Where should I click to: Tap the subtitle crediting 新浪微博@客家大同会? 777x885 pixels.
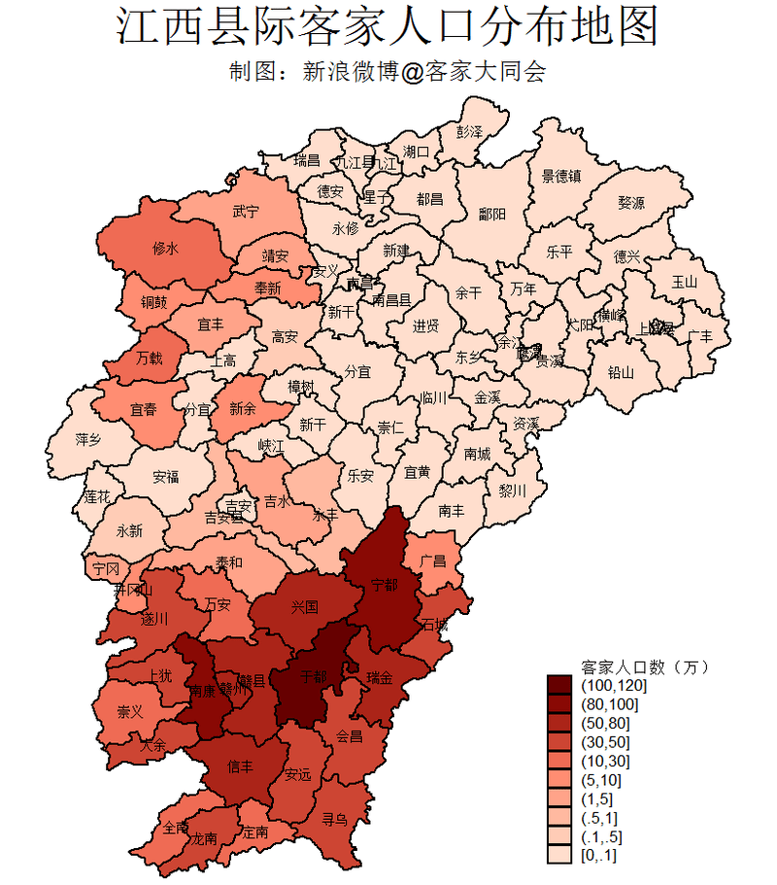[388, 73]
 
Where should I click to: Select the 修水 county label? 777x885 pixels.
[166, 249]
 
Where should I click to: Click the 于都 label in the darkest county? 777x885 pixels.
[315, 674]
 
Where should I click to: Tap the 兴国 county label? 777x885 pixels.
[305, 607]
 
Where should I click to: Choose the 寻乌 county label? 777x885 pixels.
[335, 819]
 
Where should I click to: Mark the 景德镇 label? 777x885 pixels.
[561, 176]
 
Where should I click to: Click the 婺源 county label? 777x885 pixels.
[630, 203]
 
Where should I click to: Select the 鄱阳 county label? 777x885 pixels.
[492, 216]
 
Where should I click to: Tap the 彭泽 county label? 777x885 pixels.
[469, 130]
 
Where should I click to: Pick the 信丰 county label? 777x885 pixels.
[240, 766]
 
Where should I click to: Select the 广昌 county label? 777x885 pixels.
[434, 562]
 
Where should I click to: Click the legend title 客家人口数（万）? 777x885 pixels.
[645, 667]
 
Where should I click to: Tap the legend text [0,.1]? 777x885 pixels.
[598, 855]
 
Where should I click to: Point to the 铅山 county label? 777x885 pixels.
[621, 371]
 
